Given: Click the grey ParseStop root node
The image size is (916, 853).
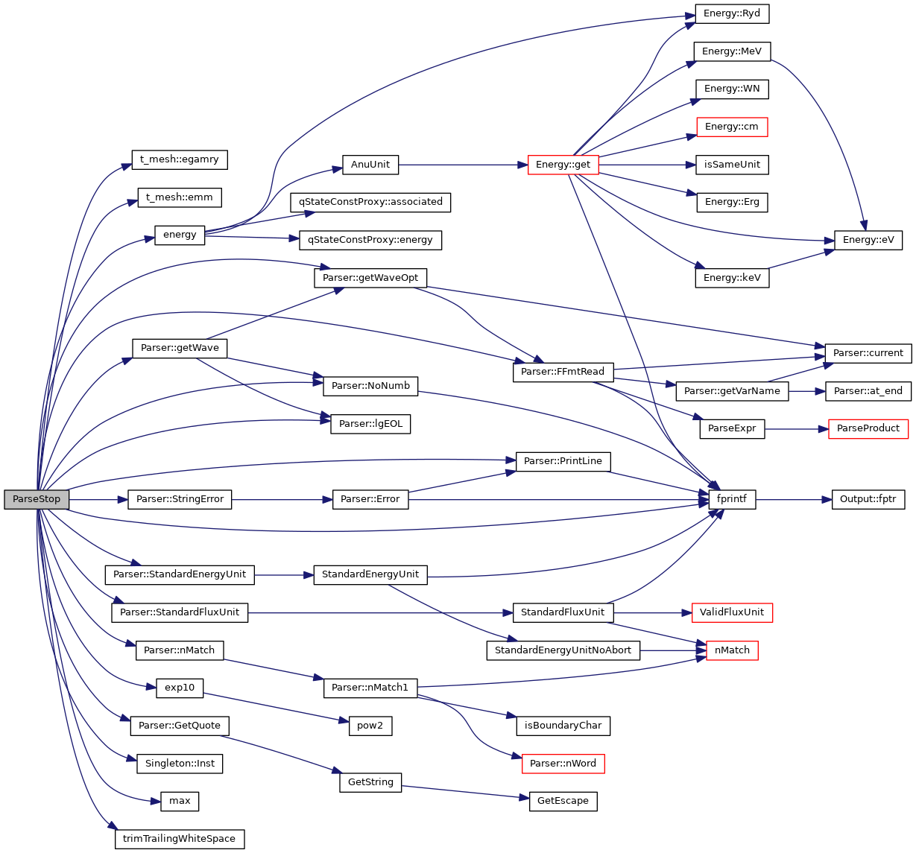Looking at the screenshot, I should [x=37, y=499].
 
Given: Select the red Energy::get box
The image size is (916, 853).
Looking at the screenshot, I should [x=563, y=165].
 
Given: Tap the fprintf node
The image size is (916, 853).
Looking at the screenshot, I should [x=731, y=499].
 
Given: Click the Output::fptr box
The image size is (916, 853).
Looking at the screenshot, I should [x=868, y=499].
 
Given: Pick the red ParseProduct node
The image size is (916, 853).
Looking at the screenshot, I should [x=868, y=428].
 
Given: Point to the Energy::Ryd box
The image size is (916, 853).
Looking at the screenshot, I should [x=732, y=13].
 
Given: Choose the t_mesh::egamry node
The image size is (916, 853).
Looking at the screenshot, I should [x=180, y=159].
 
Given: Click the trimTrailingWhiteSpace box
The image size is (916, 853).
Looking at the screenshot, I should [x=179, y=839].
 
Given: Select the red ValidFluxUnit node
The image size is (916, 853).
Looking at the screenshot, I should [x=732, y=612].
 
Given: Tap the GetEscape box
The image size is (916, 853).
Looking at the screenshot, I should [x=563, y=801].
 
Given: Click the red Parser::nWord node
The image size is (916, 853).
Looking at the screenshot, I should [x=563, y=764].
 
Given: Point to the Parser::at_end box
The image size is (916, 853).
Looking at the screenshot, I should [x=868, y=391].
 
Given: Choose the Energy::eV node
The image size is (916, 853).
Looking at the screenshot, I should [x=868, y=240].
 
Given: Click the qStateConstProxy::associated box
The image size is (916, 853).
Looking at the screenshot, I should [x=370, y=202].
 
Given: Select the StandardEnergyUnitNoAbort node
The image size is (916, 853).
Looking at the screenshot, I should [x=563, y=650].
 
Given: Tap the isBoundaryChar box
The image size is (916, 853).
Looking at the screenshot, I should [x=563, y=726].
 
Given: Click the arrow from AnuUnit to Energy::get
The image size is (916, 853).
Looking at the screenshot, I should [x=462, y=165].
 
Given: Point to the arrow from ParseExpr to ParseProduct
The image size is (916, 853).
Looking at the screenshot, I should [x=796, y=429].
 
